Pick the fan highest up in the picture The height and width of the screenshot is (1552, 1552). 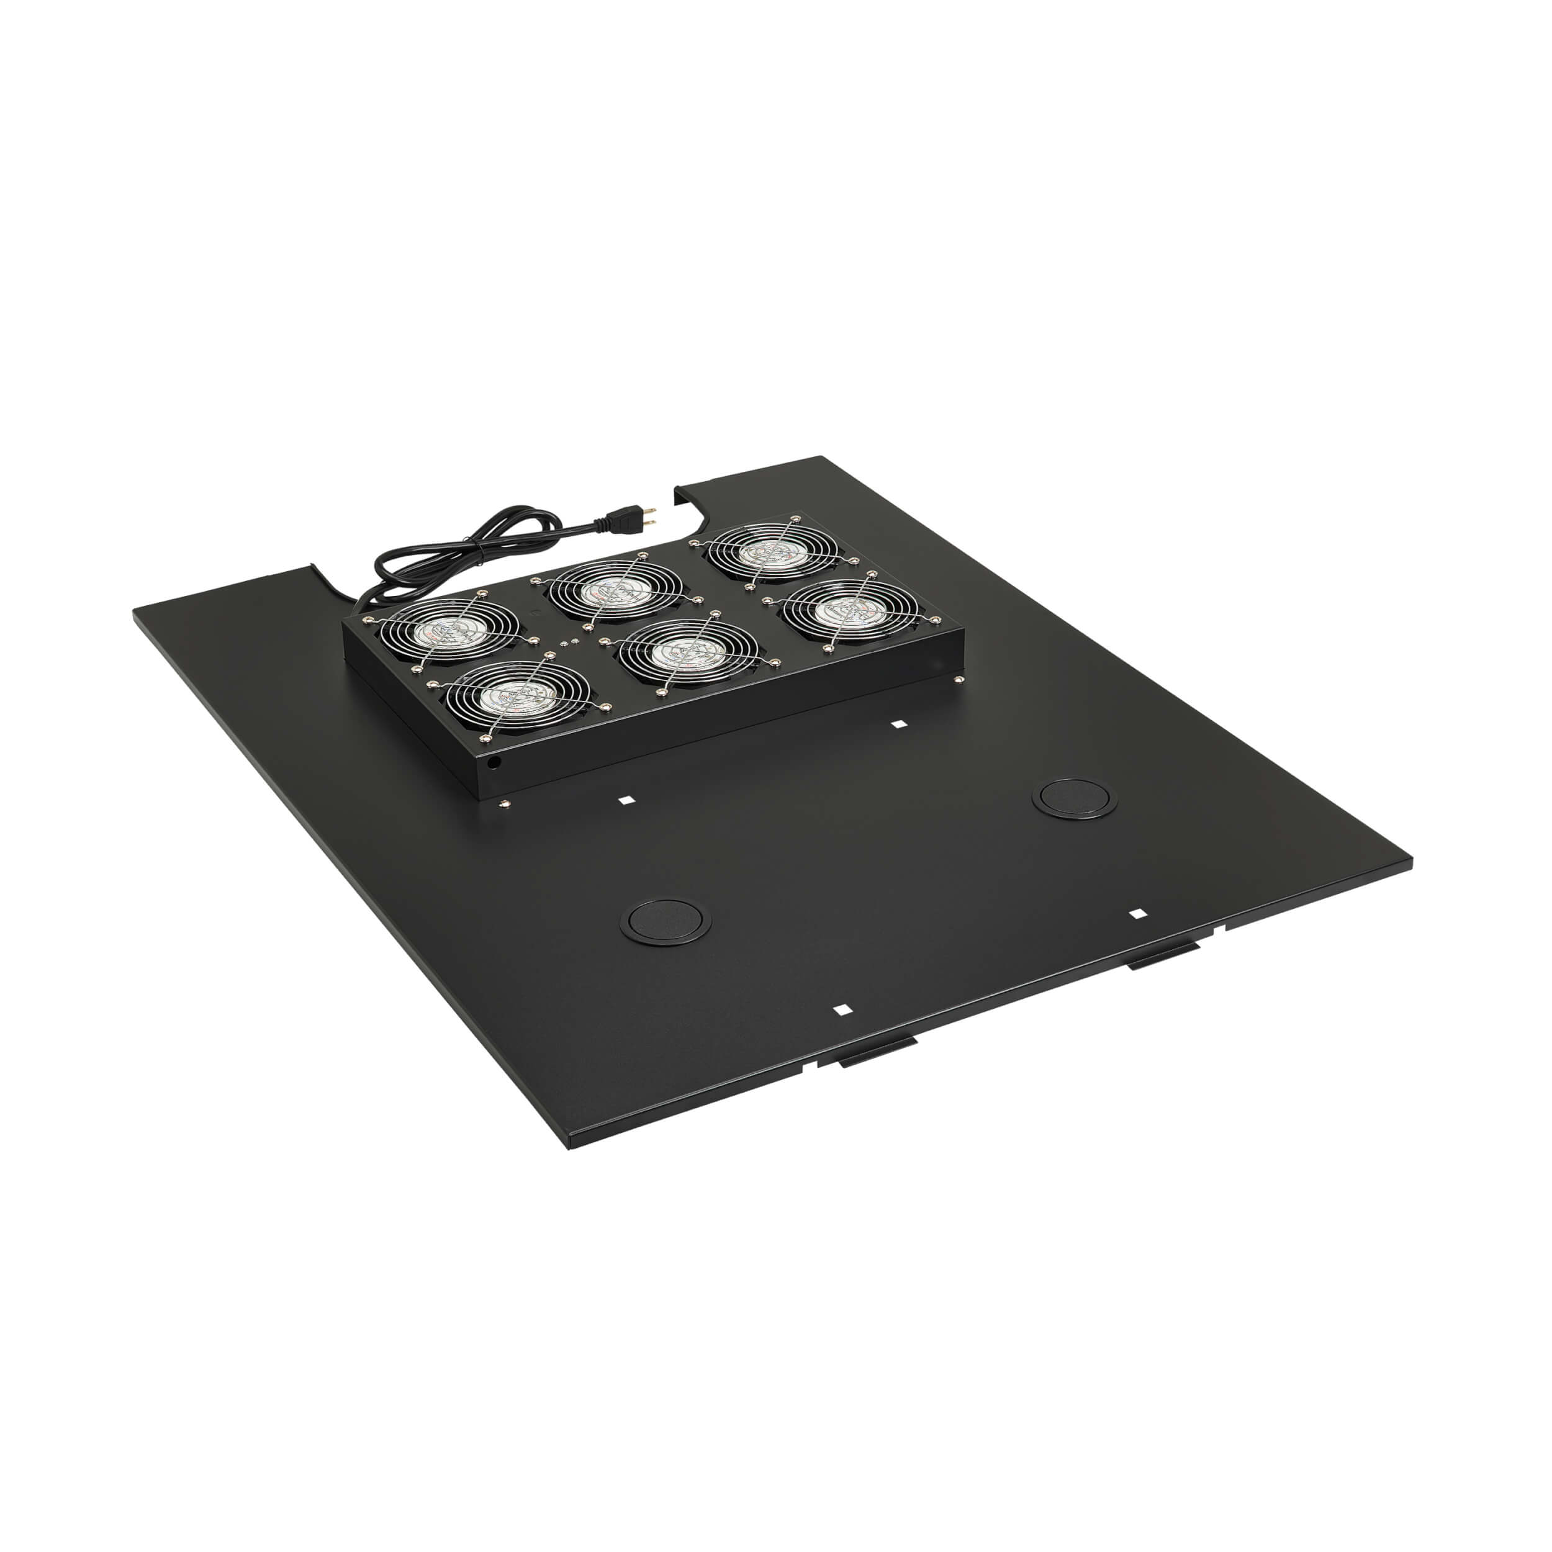tap(773, 551)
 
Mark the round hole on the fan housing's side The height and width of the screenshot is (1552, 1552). tap(494, 760)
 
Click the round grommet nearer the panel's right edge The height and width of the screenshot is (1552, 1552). tap(1074, 798)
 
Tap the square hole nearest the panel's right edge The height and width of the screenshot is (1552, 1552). tap(1137, 913)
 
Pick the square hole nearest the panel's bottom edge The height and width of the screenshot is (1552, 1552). tap(841, 1010)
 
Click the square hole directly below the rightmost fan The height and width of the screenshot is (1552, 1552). tap(899, 724)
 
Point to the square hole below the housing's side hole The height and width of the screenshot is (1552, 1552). tap(626, 800)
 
